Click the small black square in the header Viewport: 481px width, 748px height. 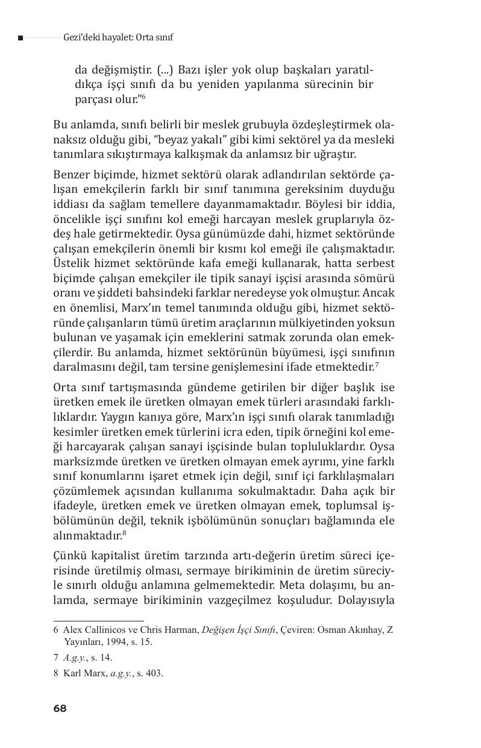(20, 37)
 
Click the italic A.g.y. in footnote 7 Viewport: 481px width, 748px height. (74, 658)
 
